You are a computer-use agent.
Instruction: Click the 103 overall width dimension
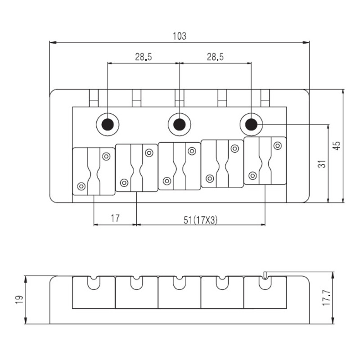(x=179, y=36)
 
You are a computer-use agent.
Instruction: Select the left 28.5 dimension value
(x=144, y=57)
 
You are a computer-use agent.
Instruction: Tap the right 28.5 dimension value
(x=215, y=57)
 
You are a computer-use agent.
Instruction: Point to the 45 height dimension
(x=337, y=146)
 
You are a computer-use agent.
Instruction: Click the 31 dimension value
(x=322, y=164)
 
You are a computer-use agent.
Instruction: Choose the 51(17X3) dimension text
(x=200, y=220)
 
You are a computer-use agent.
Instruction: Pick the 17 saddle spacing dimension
(x=115, y=218)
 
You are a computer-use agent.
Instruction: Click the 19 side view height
(x=19, y=300)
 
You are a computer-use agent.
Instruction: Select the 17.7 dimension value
(x=326, y=297)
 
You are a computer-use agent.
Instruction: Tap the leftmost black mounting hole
(x=108, y=125)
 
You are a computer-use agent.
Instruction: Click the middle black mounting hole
(x=180, y=125)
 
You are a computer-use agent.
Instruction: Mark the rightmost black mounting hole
(x=252, y=125)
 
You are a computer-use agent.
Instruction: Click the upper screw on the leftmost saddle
(x=106, y=156)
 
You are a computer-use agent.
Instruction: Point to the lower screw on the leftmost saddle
(x=81, y=186)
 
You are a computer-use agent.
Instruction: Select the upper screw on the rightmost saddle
(x=278, y=146)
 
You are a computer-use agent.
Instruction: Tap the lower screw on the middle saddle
(x=167, y=181)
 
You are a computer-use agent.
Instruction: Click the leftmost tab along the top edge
(x=94, y=98)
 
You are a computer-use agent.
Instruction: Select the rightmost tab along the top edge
(x=265, y=98)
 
